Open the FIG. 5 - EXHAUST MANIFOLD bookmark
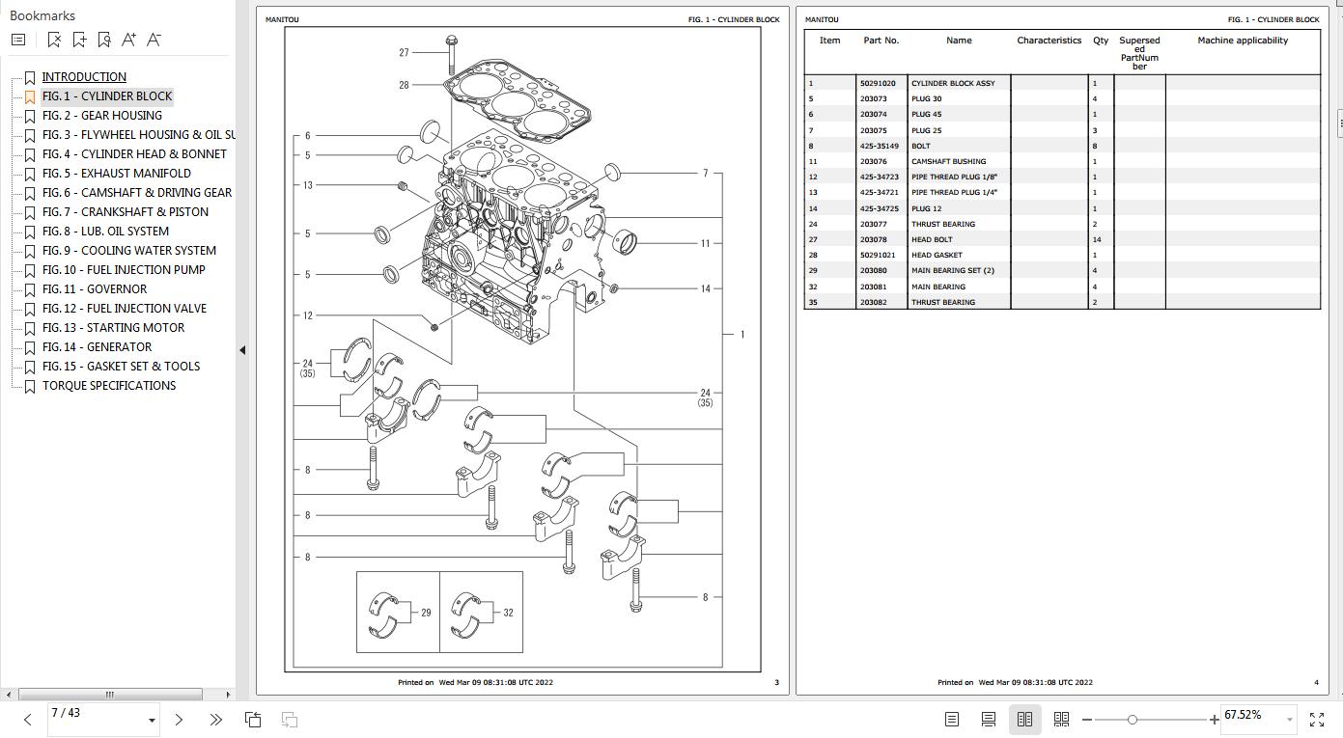tap(116, 174)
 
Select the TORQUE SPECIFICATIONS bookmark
tap(108, 386)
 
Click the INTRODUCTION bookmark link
tap(84, 77)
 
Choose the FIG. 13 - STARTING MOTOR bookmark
tap(113, 328)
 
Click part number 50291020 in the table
tap(878, 83)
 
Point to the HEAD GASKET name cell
tap(936, 256)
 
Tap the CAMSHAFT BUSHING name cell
tap(948, 162)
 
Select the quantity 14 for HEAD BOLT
tap(1096, 240)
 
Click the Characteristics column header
tap(1049, 41)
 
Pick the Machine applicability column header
tap(1242, 41)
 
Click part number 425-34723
tap(879, 178)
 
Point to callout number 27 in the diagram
tap(404, 53)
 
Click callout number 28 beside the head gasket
tap(404, 85)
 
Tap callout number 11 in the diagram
tap(705, 243)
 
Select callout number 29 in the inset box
tap(426, 613)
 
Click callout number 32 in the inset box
tap(508, 613)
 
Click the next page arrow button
tap(179, 719)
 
